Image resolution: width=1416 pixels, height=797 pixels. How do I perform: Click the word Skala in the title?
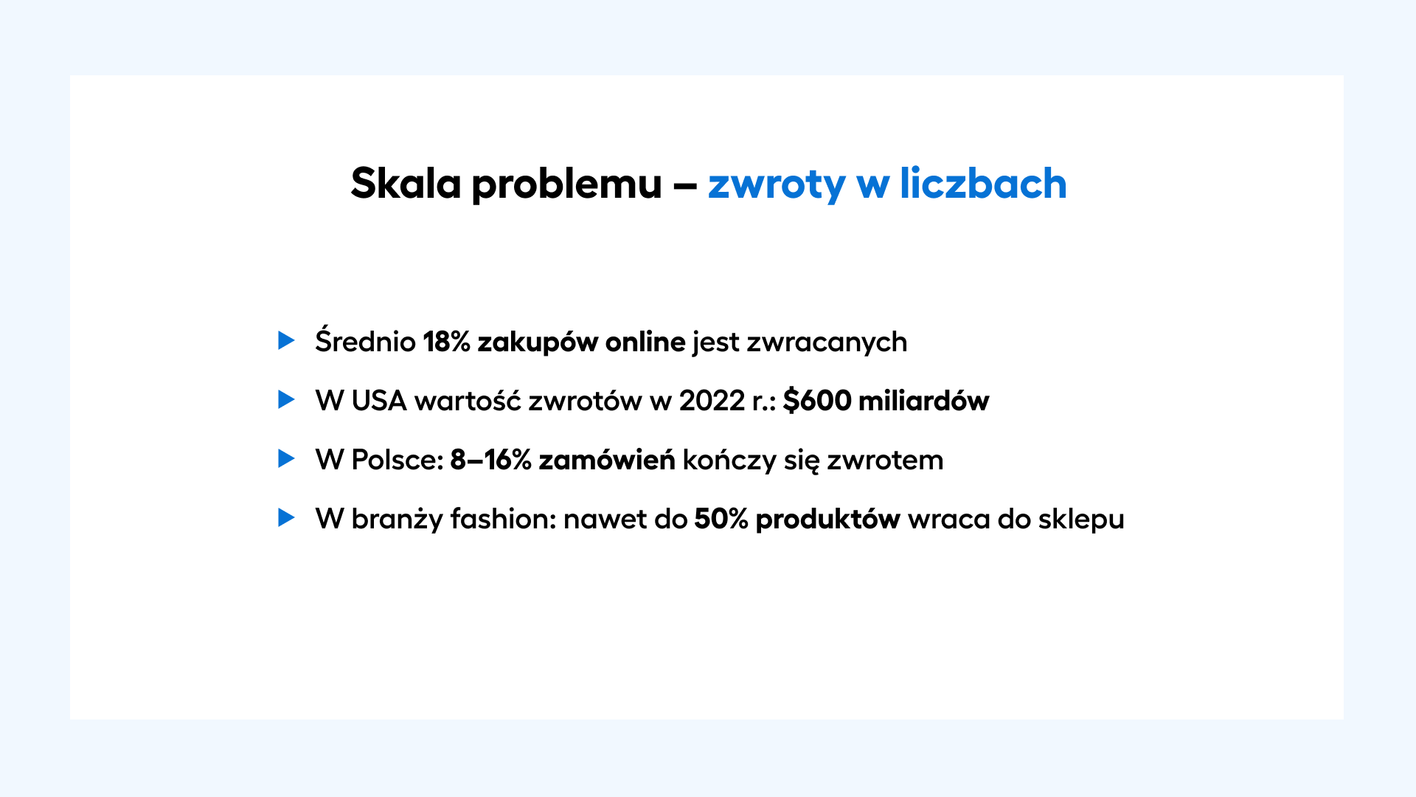406,183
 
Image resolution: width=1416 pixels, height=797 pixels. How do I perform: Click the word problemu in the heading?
566,186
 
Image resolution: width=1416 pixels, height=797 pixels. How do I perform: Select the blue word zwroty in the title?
777,186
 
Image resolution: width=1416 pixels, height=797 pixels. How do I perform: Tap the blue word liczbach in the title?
983,183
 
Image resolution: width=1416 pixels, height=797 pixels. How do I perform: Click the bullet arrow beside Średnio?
286,340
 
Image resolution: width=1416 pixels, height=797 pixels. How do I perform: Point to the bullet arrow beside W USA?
286,399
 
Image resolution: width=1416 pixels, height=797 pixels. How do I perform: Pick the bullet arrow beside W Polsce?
286,458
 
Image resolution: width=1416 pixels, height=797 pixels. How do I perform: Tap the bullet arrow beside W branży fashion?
286,517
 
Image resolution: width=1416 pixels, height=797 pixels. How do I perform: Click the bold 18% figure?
447,342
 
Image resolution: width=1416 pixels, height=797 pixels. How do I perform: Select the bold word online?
645,342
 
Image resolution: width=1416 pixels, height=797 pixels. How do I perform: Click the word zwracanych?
827,343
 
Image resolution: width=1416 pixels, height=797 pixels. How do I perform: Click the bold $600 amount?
817,401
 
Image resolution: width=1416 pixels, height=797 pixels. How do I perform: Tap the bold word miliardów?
924,400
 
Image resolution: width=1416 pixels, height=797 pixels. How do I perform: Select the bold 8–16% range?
490,460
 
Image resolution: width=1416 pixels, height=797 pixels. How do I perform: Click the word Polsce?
397,460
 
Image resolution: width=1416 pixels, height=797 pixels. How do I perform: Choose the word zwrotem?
885,460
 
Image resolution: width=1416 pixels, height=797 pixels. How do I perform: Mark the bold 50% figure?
721,519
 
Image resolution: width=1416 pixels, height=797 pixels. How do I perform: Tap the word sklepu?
1081,520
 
